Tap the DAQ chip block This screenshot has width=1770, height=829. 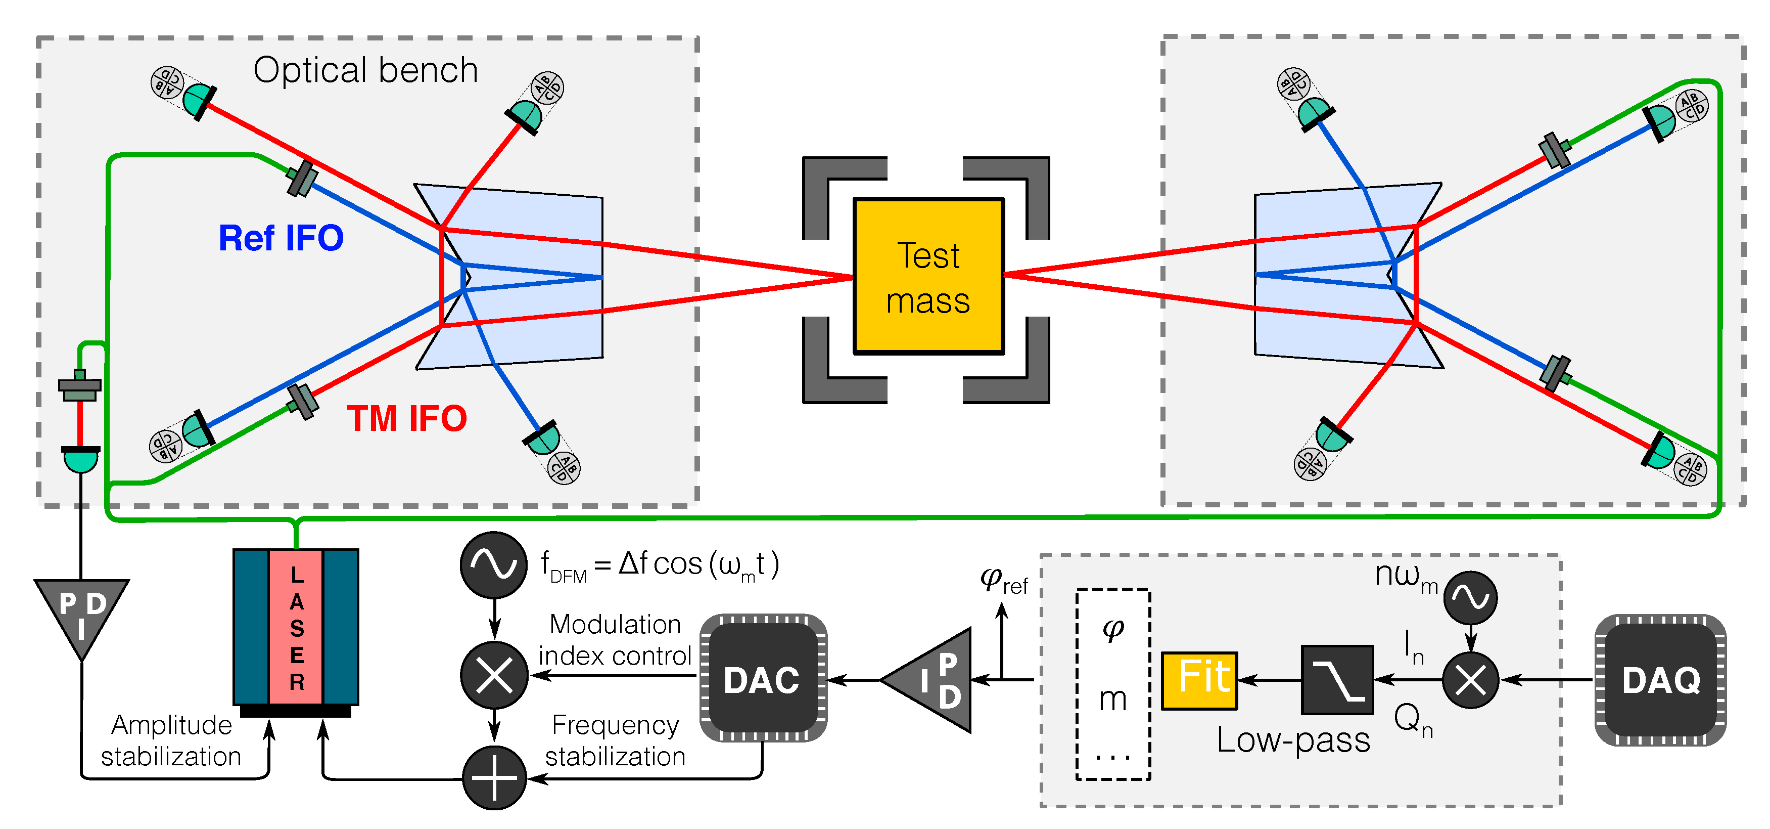pos(1660,680)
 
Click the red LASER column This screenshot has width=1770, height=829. pos(296,627)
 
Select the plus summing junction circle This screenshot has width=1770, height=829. pos(494,778)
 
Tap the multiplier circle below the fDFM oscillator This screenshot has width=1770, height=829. pos(494,676)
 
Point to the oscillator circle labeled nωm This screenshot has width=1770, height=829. pos(1470,597)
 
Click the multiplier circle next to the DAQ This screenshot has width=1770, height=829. pos(1470,680)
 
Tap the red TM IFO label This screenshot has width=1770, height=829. pos(407,419)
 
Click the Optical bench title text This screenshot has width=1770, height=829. pos(365,70)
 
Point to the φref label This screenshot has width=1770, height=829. pos(1003,580)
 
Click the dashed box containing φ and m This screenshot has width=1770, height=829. pos(1112,684)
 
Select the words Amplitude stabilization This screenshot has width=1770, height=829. pos(171,740)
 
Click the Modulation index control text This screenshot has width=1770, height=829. pos(615,640)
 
